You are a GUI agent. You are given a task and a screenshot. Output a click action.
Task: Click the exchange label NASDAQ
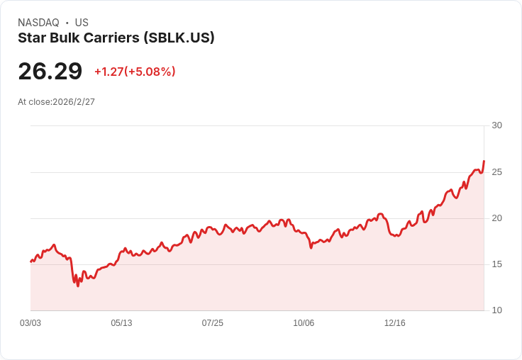tap(38, 23)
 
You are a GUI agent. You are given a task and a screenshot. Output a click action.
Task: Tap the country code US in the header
tap(82, 23)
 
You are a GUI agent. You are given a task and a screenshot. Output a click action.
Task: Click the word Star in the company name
tap(30, 38)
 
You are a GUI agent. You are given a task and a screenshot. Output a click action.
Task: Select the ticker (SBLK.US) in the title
tap(179, 38)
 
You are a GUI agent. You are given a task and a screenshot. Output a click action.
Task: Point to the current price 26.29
tap(50, 71)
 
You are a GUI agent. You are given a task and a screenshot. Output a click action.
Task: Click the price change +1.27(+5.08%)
tap(135, 72)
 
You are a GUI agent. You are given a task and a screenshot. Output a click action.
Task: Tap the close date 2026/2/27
tap(74, 102)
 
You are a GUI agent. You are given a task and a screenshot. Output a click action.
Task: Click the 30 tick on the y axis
tap(496, 125)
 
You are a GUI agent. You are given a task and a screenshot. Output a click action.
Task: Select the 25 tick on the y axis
tap(496, 172)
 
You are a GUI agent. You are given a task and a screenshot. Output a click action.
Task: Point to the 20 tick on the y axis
tap(496, 218)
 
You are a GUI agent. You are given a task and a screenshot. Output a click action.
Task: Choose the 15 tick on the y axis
tap(496, 264)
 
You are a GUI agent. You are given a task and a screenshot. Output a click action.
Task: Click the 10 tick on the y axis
tap(496, 310)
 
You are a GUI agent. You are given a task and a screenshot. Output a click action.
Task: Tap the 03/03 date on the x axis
tap(30, 323)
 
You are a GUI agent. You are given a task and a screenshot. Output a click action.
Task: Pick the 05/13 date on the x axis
tap(121, 323)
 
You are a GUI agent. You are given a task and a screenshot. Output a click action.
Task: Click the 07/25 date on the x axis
tap(212, 323)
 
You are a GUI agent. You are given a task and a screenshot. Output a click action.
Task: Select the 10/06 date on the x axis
tap(304, 323)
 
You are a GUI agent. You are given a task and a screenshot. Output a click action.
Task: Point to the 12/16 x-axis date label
tap(394, 323)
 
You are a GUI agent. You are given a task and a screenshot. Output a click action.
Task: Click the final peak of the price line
tap(484, 161)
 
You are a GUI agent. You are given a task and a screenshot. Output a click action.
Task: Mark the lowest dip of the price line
tap(78, 286)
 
